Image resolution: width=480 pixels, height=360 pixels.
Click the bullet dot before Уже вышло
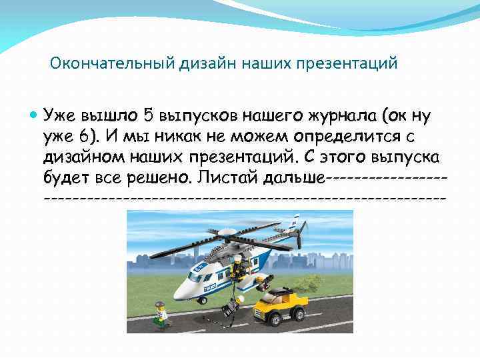[34, 115]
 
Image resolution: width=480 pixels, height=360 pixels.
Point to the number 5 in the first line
[148, 115]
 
